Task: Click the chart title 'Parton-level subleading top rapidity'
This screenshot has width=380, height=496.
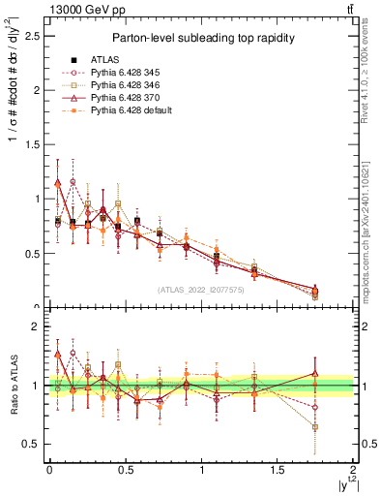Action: click(x=195, y=38)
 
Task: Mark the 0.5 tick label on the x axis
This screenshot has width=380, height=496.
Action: click(x=125, y=470)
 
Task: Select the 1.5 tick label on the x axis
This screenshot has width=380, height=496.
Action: click(x=277, y=470)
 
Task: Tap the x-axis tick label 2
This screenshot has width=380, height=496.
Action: click(x=353, y=470)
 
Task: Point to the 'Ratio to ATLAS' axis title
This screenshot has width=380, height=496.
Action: click(x=13, y=386)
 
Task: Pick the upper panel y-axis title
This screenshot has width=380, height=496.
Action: click(x=13, y=107)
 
